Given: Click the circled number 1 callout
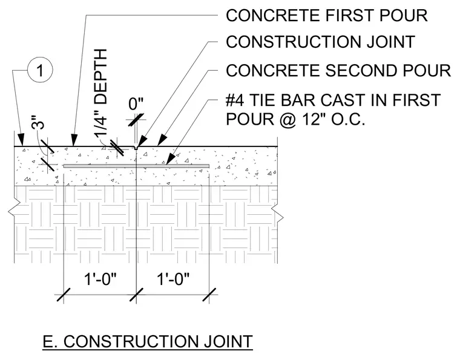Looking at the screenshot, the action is point(40,70).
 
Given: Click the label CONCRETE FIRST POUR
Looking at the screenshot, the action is point(326,15).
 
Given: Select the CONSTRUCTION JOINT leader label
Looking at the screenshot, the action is point(320,42).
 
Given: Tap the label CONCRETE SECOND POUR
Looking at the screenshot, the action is point(338,71).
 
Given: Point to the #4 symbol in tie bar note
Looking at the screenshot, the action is point(235,100).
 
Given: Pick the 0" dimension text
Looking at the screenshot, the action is point(136,104).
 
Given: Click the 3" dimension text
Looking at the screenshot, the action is point(38,122).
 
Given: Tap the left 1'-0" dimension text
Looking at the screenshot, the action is point(100,278).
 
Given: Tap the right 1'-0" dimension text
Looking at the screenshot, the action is point(173,278).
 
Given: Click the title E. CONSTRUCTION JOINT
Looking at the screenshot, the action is point(148,341).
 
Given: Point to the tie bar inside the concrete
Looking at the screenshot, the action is point(136,166).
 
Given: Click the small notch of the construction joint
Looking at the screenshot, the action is point(136,148).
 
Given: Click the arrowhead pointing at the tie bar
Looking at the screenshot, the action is point(171,160).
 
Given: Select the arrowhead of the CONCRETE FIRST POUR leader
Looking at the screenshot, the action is point(74,140).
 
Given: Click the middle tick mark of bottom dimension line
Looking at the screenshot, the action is point(136,294).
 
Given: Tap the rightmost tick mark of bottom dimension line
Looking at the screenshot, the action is point(209,294).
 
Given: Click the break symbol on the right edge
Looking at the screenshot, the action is point(278,212).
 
